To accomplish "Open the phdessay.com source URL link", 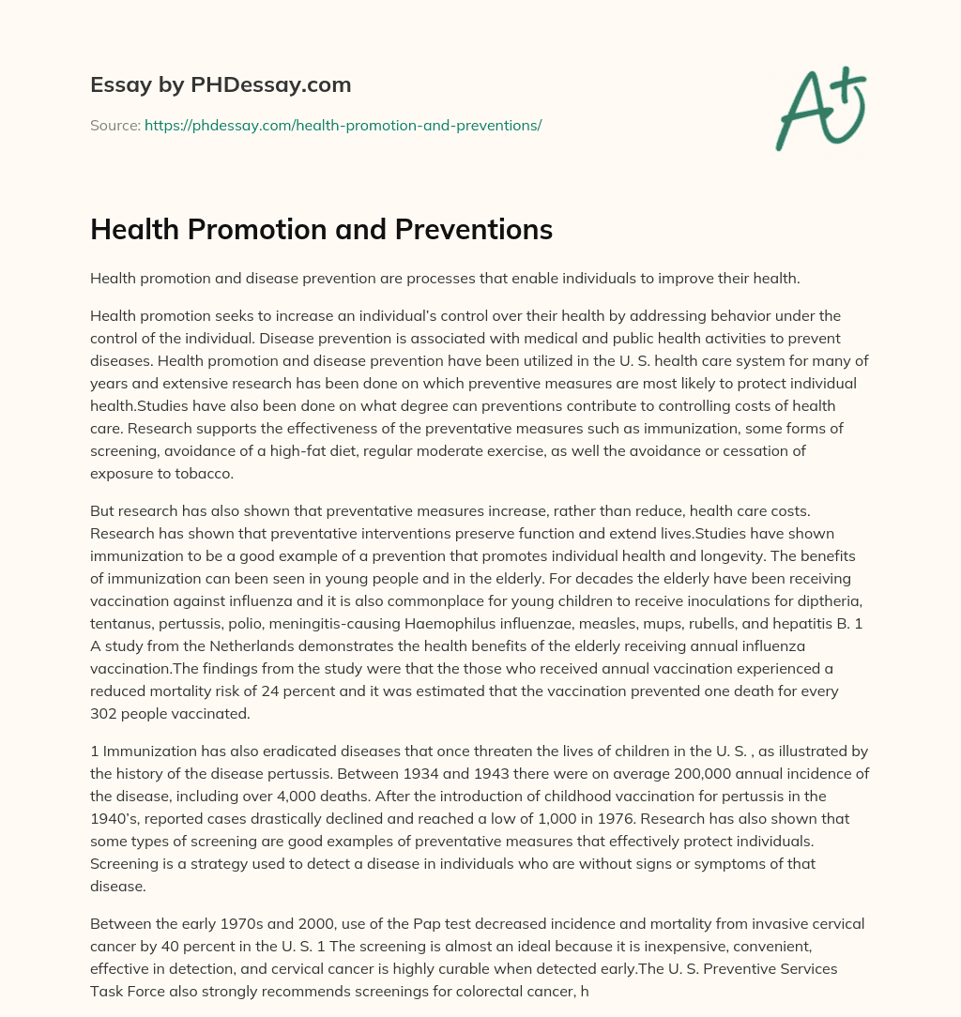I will [x=343, y=125].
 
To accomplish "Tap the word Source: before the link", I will [x=115, y=125].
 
